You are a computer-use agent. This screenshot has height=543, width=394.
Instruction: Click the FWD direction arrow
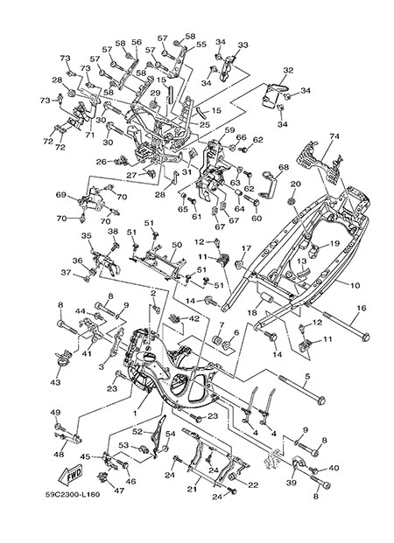coord(71,475)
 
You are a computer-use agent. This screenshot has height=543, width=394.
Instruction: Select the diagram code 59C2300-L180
coord(73,494)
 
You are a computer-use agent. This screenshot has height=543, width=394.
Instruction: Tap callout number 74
coord(334,136)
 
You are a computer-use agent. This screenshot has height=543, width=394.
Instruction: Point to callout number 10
coord(355,286)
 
